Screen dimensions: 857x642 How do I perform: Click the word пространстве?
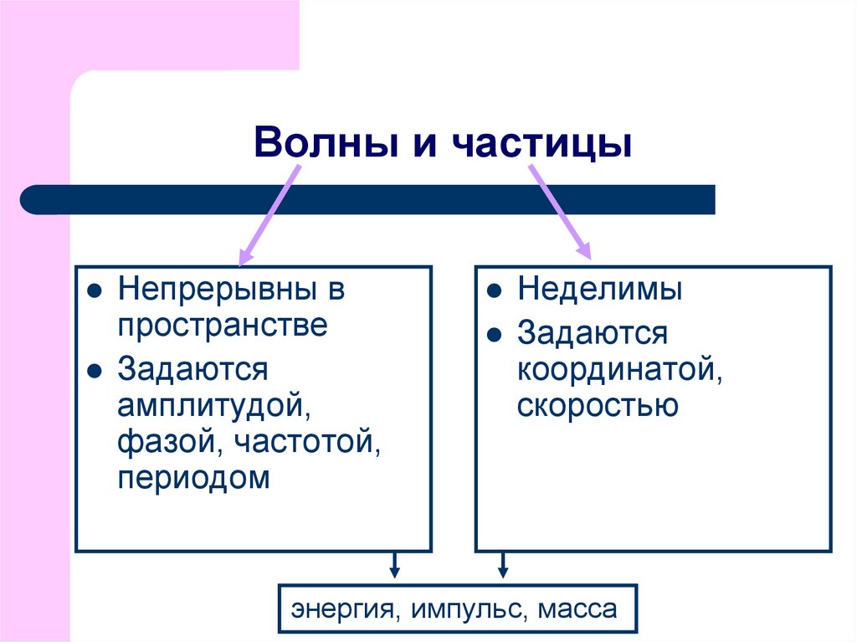222,326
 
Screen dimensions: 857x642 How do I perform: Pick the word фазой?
164,443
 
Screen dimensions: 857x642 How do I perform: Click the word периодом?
194,480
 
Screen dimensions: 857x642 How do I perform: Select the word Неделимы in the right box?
599,290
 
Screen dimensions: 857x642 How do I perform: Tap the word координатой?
619,370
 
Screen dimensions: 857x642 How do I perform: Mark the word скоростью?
597,407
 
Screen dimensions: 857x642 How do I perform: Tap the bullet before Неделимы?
495,292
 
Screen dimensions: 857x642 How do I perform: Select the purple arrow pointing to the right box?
559,209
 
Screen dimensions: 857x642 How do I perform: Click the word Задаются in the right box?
592,333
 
